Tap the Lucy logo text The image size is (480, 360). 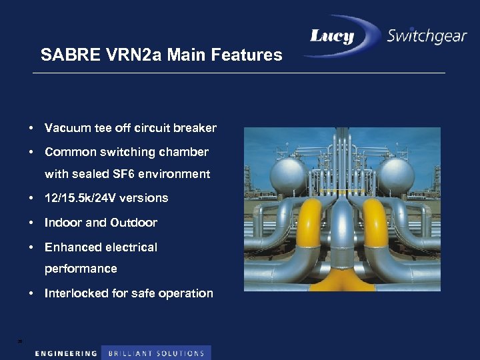coord(332,36)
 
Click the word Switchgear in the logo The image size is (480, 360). coord(427,37)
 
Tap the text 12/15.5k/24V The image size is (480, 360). coord(86,198)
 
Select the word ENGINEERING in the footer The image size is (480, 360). coord(66,353)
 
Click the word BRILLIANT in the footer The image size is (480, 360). coord(129,353)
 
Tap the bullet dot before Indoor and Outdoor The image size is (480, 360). coord(32,223)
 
